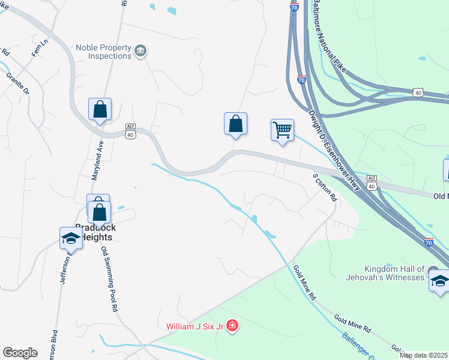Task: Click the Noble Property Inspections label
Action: tap(104, 52)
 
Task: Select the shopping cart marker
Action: tap(282, 130)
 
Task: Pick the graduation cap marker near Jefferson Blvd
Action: tap(71, 238)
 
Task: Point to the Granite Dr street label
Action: tap(18, 84)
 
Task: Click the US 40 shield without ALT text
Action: tap(418, 92)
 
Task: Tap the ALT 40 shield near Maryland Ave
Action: tap(130, 131)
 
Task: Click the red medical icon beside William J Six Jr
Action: tap(232, 326)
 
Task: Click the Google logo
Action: tap(20, 353)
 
